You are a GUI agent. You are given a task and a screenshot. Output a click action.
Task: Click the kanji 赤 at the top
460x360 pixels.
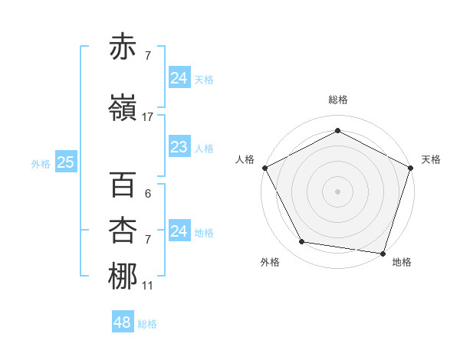(123, 47)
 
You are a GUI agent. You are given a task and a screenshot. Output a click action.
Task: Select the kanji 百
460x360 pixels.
(123, 185)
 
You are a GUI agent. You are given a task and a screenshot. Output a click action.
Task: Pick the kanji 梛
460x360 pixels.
(123, 277)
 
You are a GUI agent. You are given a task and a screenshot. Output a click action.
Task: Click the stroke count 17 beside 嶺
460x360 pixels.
(148, 116)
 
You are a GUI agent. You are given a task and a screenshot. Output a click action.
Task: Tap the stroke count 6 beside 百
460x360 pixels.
(147, 195)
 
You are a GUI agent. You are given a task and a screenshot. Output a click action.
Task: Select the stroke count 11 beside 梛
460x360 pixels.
(147, 286)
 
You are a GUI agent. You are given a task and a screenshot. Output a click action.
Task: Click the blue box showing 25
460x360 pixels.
(65, 162)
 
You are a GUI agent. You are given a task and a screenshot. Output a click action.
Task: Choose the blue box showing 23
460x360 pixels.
(178, 147)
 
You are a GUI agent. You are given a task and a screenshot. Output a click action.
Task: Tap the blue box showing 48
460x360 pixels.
(122, 322)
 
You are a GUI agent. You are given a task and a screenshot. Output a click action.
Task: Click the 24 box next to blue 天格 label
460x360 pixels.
(178, 78)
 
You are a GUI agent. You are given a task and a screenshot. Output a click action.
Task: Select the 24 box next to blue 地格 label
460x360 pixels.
(178, 231)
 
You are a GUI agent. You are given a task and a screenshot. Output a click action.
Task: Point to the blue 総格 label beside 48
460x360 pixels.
(147, 324)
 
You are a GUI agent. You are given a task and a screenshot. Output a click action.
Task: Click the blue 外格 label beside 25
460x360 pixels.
(41, 163)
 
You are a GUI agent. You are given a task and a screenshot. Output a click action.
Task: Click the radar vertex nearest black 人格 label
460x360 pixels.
(265, 167)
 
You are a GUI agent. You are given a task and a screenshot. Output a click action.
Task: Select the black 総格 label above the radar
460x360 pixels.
(337, 100)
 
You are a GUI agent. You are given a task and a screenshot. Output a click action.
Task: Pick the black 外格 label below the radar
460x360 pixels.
(270, 262)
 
